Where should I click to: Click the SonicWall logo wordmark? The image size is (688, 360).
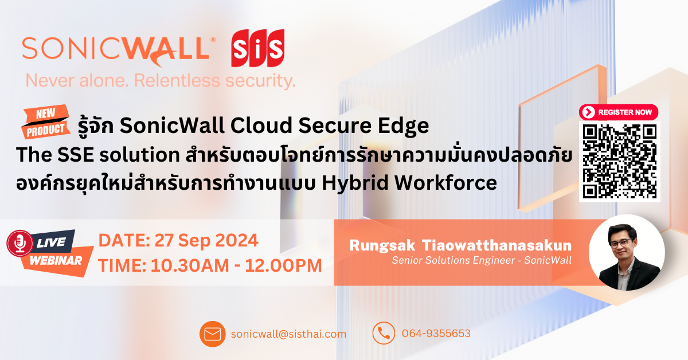coord(115,49)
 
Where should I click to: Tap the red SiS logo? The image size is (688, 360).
coord(258,49)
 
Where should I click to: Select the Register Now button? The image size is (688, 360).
coord(619,112)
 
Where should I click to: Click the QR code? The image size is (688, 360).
coord(619,161)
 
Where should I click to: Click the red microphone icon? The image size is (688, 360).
coord(19,243)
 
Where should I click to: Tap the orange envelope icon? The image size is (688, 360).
coord(213,334)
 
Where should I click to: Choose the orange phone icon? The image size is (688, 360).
coord(384,333)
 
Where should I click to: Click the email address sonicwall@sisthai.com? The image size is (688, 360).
coord(289,334)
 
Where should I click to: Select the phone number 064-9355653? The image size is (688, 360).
coord(436,334)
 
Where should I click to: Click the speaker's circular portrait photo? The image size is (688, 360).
coord(627,252)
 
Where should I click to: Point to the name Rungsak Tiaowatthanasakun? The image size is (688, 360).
coord(460,245)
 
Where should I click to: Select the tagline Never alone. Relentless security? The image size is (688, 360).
coord(161,80)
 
